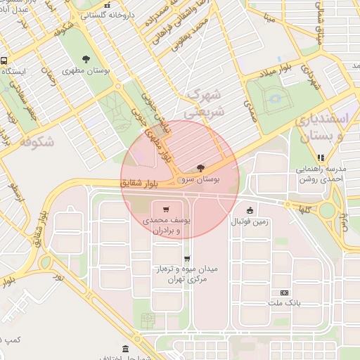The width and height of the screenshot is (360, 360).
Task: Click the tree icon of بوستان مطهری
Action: (86, 59)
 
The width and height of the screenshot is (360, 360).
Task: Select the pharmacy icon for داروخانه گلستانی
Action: (107, 4)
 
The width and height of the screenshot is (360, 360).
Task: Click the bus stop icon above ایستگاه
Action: (4, 61)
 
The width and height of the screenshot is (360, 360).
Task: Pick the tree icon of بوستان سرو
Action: (202, 167)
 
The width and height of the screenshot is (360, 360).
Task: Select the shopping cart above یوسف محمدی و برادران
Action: (165, 209)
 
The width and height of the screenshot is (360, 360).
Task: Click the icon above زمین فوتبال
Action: (250, 210)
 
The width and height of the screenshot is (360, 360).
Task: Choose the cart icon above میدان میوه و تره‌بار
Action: (186, 258)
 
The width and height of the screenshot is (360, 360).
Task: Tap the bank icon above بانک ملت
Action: (284, 292)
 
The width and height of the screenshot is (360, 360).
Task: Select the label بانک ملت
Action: (284, 303)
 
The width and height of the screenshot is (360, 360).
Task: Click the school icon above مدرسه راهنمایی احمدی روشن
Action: (320, 157)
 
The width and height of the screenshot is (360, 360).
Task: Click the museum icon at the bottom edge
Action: (125, 349)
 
